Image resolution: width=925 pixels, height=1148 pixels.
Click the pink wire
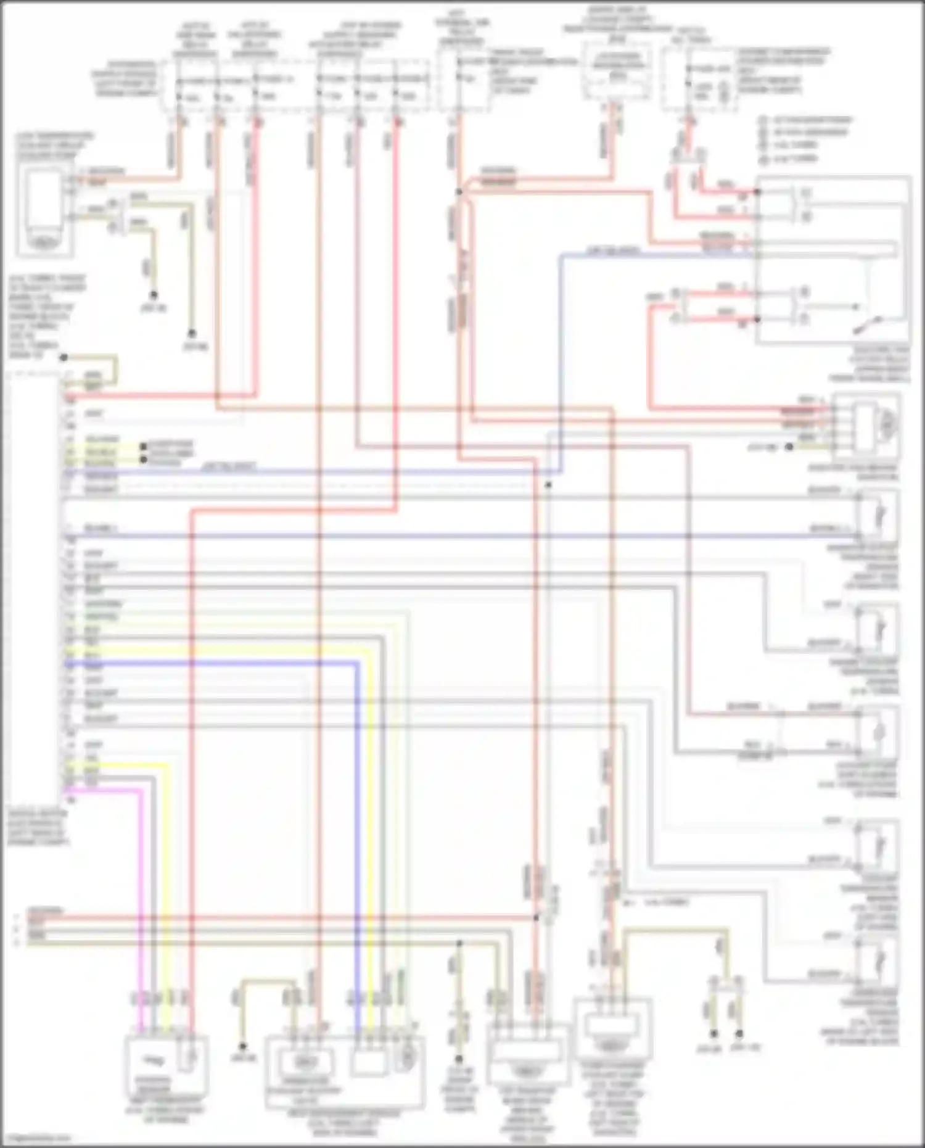click(141, 894)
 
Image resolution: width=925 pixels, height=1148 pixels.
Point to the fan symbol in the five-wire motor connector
click(887, 422)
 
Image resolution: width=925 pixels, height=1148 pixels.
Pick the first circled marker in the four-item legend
click(763, 120)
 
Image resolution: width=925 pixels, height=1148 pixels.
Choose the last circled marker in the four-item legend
click(763, 160)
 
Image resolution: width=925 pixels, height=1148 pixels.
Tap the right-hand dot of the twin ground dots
click(739, 1033)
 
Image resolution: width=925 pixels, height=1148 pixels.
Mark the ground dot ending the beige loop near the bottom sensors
click(243, 1046)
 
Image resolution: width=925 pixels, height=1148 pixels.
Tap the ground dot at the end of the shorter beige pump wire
click(154, 295)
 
